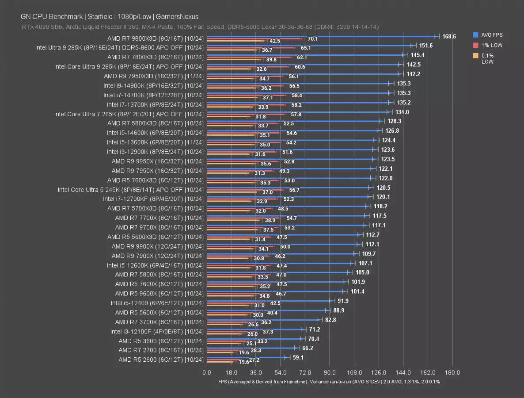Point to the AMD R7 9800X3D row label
[x=155, y=38]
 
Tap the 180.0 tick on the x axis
[x=452, y=372]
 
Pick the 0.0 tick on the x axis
[x=207, y=372]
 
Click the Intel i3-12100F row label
[x=157, y=331]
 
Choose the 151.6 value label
[x=425, y=46]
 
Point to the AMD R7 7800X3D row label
[x=155, y=57]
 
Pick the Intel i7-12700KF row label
[x=153, y=199]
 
